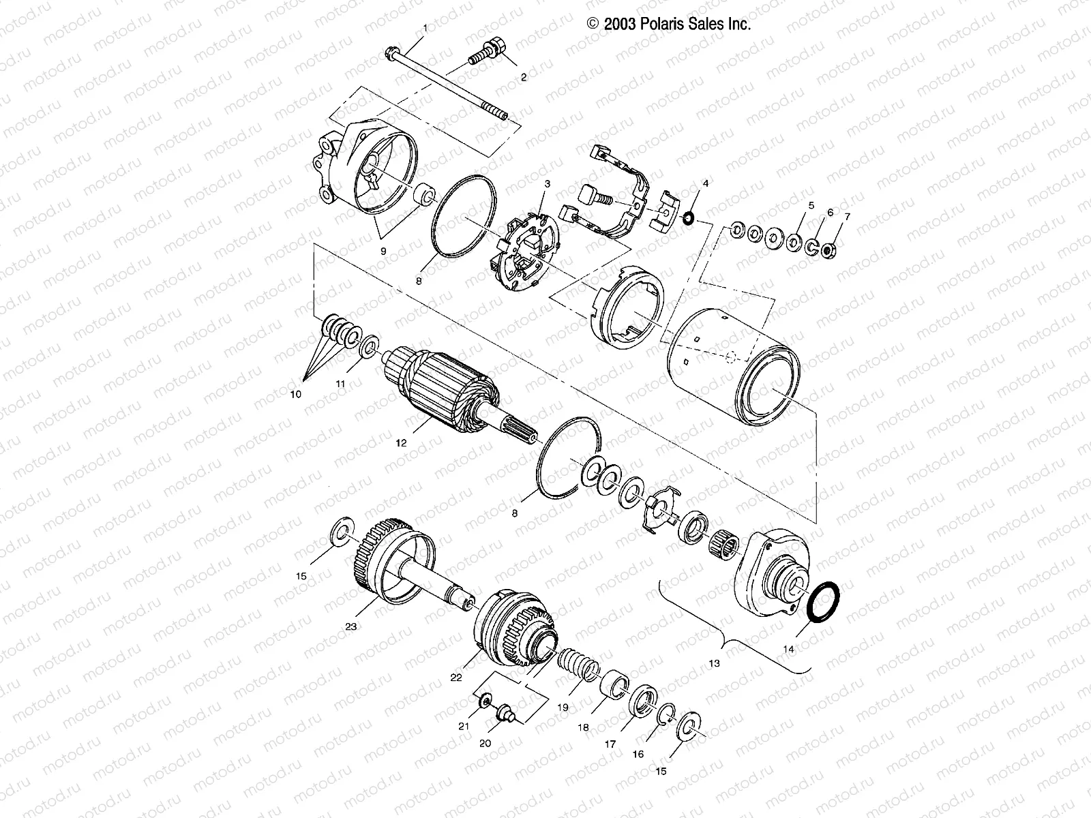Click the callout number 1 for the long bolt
426,28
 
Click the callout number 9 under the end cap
383,252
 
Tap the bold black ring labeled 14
822,602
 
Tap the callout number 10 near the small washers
295,394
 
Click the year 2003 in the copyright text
618,24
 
